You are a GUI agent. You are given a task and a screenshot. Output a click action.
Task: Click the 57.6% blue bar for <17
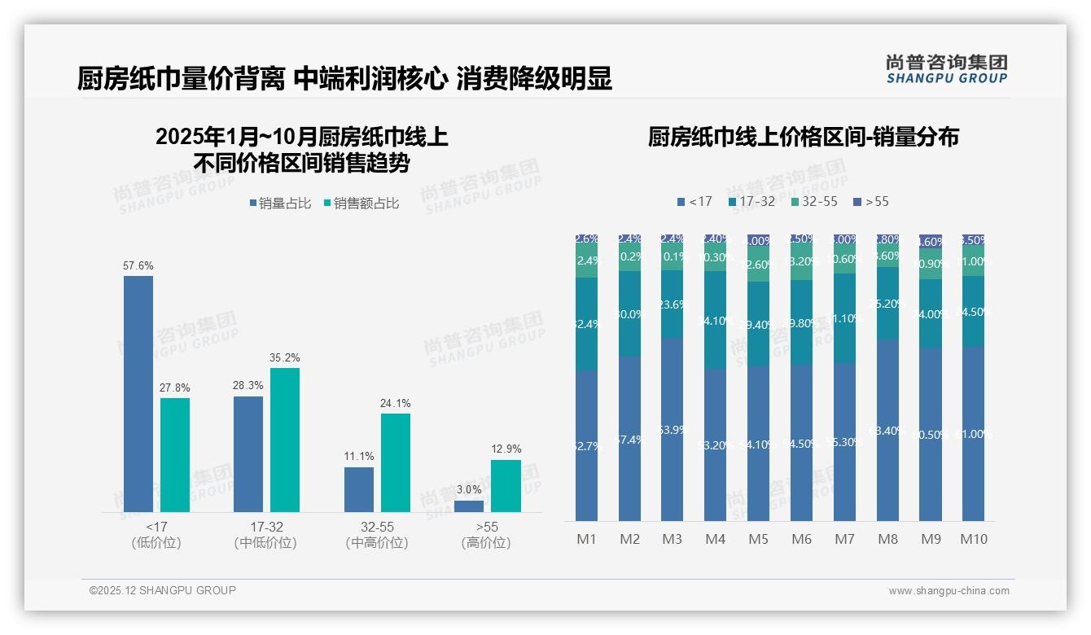[x=138, y=394]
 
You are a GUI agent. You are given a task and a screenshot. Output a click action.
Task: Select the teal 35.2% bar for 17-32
[x=285, y=440]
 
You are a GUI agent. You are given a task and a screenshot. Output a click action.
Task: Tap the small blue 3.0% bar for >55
[x=469, y=506]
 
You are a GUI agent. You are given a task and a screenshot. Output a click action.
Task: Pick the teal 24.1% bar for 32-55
[x=396, y=462]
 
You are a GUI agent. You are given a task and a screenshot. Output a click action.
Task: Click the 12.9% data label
[x=506, y=449]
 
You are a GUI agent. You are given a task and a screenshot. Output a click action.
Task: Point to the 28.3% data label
[x=248, y=385]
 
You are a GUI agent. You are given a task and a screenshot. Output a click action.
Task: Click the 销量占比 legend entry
[x=279, y=204]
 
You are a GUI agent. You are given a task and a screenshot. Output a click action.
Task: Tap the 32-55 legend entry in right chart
[x=813, y=201]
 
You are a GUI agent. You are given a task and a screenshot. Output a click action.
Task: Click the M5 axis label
[x=758, y=539]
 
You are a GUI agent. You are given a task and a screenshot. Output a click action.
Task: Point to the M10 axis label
[x=974, y=539]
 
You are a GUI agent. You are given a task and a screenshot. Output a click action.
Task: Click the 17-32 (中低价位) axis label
[x=265, y=535]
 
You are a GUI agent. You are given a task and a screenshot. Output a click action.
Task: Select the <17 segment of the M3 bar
[x=673, y=429]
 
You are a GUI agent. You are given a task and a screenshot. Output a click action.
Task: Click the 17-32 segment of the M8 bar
[x=888, y=303]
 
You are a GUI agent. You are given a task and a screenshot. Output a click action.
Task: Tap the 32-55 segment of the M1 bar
[x=586, y=261]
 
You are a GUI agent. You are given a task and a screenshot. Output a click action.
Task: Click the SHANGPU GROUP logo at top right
[x=946, y=69]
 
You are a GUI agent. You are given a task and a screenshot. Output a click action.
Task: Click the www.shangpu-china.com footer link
[x=949, y=591]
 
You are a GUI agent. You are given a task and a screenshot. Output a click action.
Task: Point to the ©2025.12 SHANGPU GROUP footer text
[x=163, y=590]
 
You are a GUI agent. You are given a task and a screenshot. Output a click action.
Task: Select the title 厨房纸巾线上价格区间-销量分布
[x=803, y=137]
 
